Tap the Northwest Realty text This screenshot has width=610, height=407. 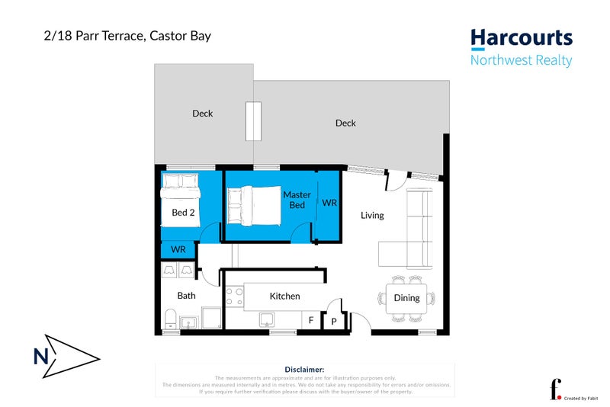point(521,61)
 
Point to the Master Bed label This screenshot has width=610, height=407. point(297,200)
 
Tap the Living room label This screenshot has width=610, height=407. point(372,216)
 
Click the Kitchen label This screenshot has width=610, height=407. point(284,296)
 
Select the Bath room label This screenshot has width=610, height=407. point(186,296)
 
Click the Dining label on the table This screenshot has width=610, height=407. point(406,298)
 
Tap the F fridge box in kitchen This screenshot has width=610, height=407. point(310,322)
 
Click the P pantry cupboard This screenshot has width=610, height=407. point(334,322)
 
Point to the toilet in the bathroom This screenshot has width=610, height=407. point(170,319)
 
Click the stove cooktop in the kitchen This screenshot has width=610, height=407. point(234,296)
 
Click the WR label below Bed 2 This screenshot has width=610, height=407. point(178,250)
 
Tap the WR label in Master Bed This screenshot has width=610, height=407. point(329,203)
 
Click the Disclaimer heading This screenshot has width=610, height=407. point(304,369)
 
